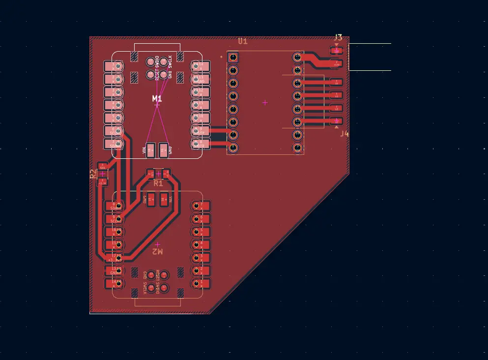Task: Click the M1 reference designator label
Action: [157, 98]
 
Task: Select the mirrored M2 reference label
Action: [157, 251]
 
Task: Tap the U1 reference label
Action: [243, 42]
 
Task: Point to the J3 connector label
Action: [338, 37]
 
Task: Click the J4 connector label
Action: [344, 133]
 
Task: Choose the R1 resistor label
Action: [158, 183]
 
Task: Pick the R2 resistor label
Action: [93, 174]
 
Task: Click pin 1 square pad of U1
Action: [233, 58]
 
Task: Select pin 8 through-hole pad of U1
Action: [233, 147]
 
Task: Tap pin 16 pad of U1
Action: [297, 58]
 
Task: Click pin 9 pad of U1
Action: [297, 147]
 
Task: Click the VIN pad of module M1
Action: [151, 150]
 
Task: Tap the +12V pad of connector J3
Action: [337, 63]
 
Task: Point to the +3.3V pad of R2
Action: [102, 182]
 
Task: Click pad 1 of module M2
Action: [200, 283]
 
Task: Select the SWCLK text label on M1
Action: [170, 61]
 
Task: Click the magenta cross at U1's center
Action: [265, 102]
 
